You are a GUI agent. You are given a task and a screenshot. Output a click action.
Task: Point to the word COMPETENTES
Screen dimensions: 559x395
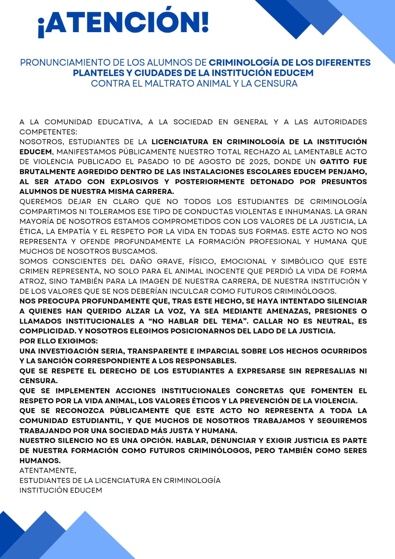point(48,132)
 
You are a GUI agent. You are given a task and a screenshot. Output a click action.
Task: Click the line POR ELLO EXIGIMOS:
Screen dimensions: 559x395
point(59,341)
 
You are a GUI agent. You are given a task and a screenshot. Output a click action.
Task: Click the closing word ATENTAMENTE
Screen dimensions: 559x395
point(47,471)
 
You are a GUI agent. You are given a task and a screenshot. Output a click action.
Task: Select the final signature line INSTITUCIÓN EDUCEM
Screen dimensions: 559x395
point(61,491)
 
